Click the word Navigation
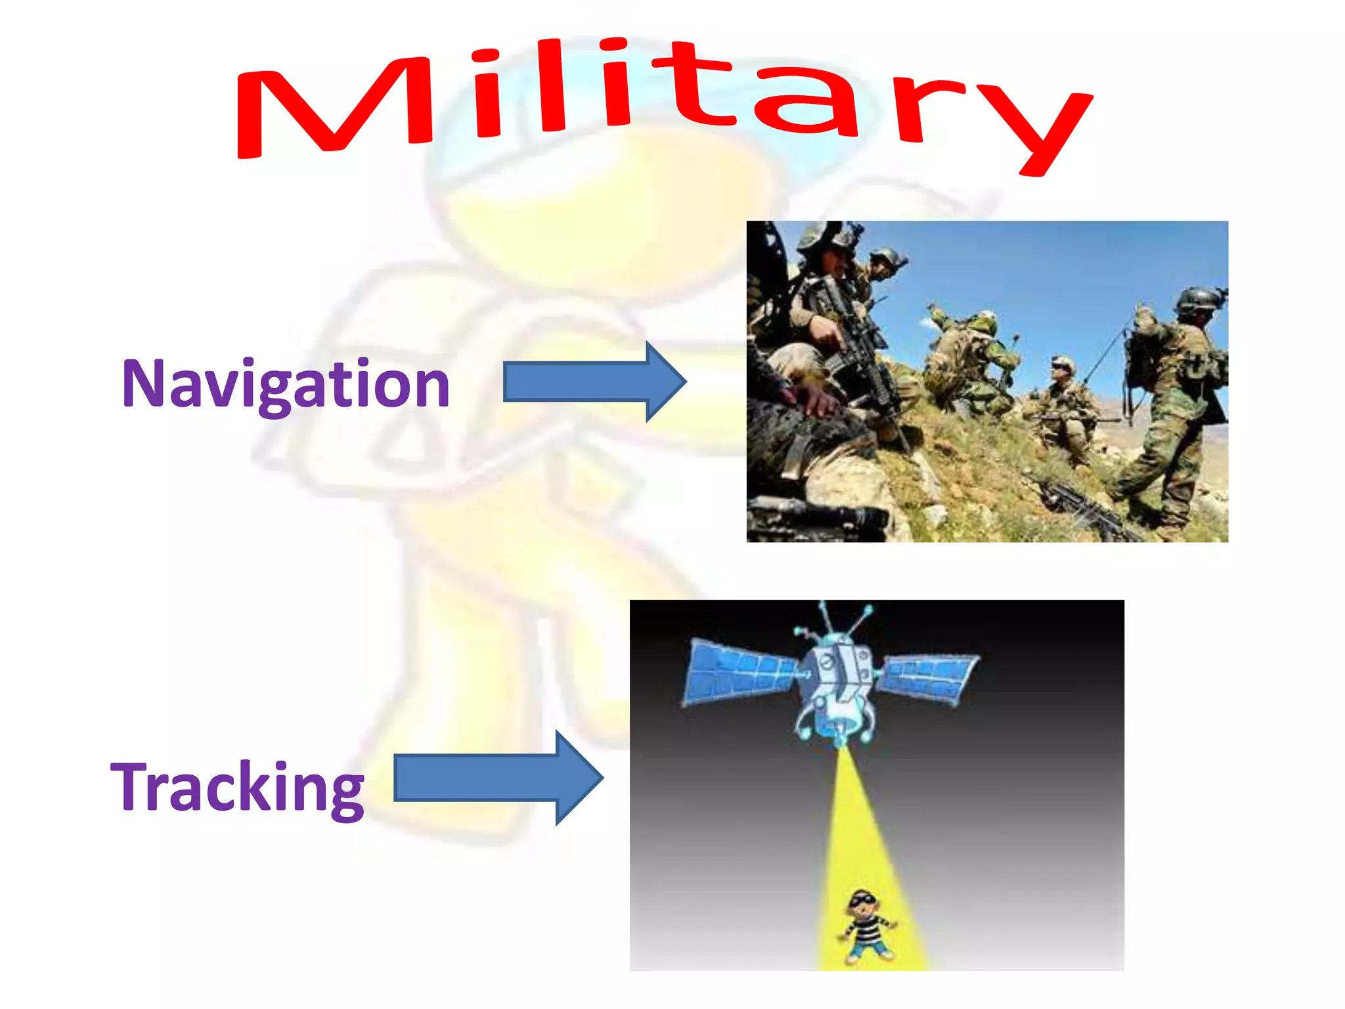click(286, 384)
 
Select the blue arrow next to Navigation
click(594, 382)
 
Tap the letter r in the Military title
click(926, 108)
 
